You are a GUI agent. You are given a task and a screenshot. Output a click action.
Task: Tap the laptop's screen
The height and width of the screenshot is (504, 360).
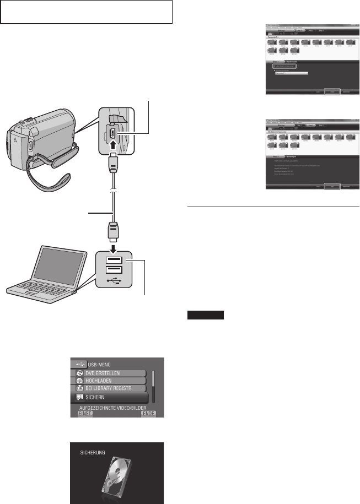pos(52,268)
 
